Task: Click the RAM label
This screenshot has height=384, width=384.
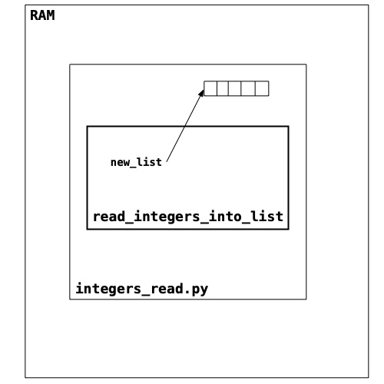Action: [42, 15]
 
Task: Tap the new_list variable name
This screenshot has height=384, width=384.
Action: [136, 162]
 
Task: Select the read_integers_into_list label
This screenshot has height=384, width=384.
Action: [188, 217]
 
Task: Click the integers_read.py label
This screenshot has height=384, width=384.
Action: [142, 289]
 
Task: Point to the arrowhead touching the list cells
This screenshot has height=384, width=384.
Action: [202, 93]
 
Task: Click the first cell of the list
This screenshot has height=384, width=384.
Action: [210, 88]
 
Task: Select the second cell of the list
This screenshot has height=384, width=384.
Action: [223, 88]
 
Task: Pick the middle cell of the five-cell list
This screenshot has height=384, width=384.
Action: [234, 88]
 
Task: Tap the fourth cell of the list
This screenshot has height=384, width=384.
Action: [248, 88]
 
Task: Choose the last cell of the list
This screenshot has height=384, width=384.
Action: [262, 88]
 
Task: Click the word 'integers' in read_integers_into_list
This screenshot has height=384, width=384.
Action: [167, 217]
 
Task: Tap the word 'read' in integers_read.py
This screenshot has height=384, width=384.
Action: [167, 289]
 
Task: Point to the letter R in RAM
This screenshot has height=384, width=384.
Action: [34, 15]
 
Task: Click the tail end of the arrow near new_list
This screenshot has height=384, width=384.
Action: [167, 161]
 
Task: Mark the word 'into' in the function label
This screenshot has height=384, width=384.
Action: [225, 217]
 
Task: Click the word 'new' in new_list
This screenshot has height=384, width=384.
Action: [120, 163]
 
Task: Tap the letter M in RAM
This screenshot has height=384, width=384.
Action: [51, 15]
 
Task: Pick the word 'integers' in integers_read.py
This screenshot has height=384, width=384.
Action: [108, 289]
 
